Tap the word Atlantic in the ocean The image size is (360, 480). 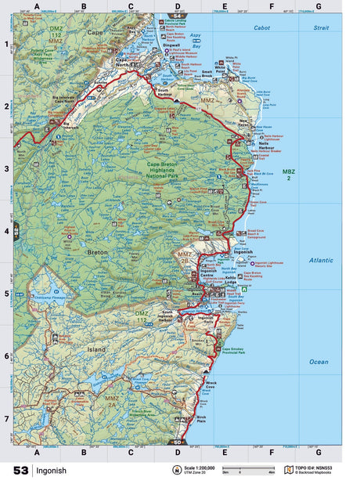pos(320,259)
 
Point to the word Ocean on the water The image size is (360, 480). pos(318,361)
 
